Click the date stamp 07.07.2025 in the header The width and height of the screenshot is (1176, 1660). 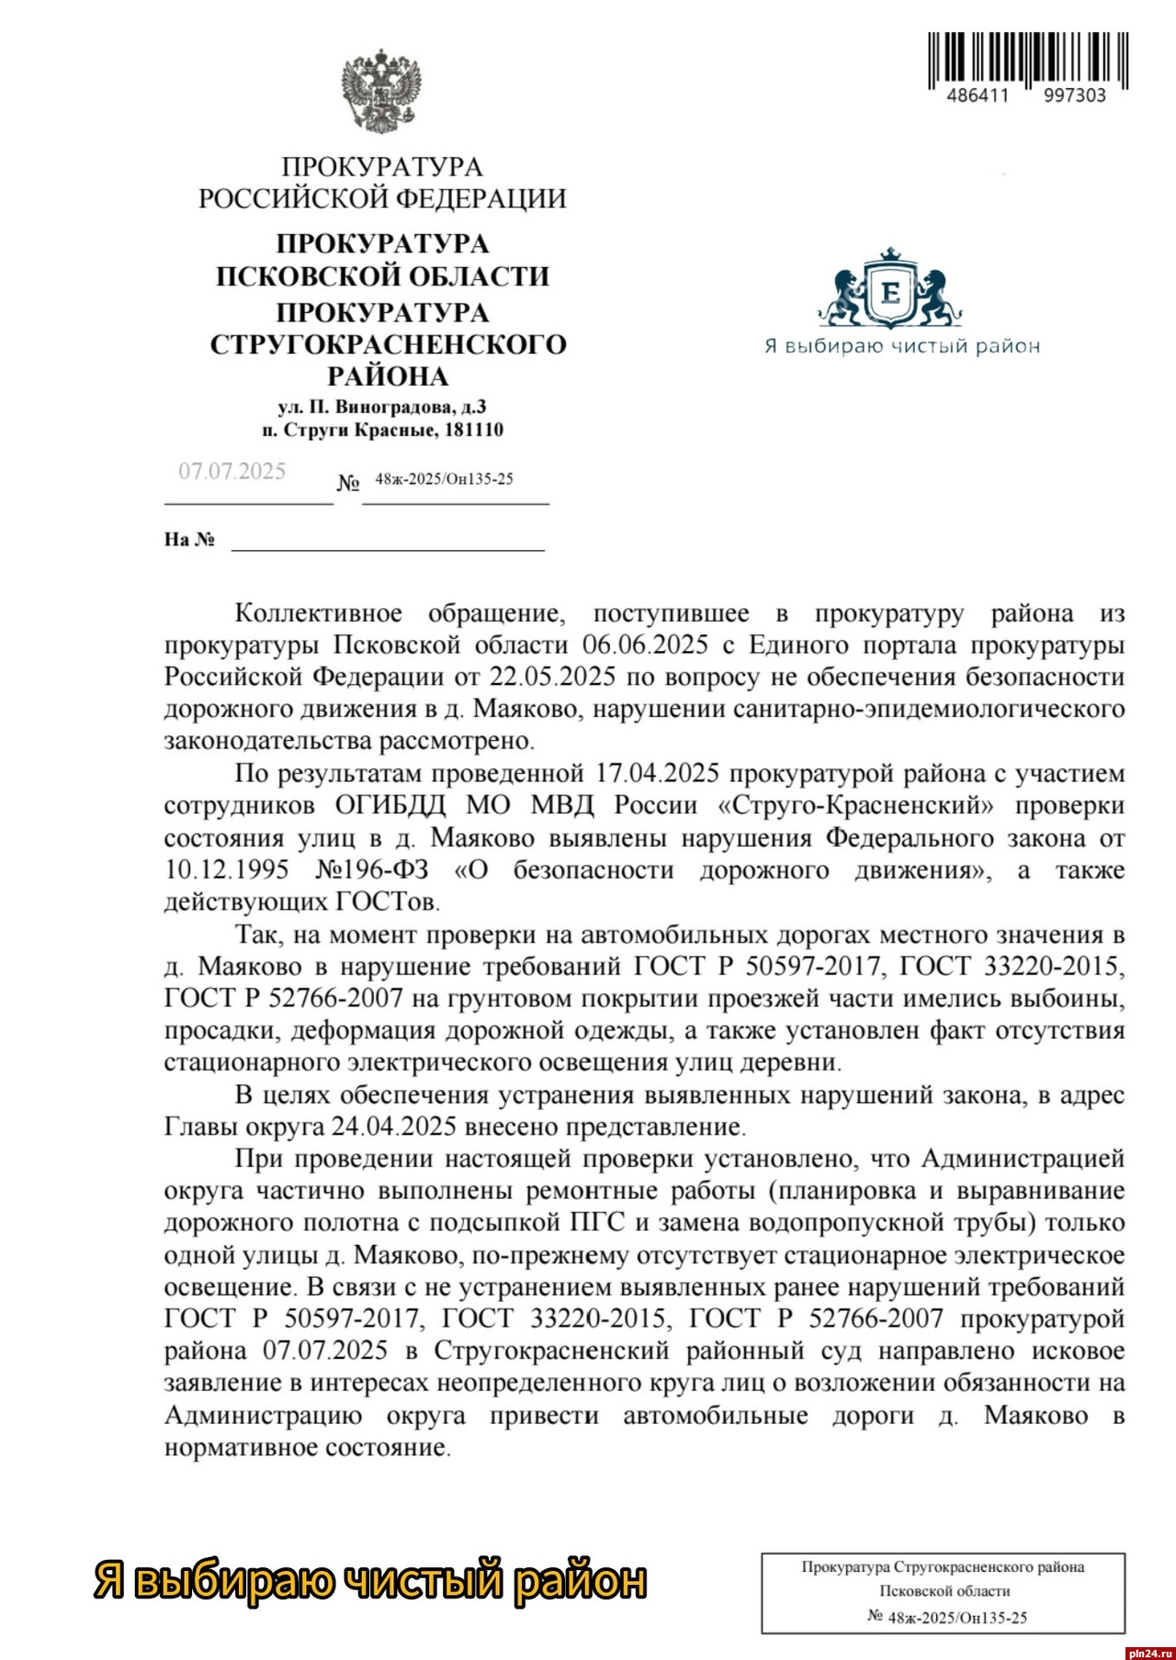pos(232,472)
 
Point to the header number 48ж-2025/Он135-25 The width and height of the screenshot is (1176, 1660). pos(444,479)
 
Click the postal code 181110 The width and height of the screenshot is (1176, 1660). pos(473,430)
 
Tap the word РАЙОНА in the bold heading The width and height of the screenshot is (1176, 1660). pos(388,376)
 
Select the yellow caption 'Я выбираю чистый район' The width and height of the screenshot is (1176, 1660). pos(370,1580)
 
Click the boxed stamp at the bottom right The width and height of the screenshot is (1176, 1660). pos(943,1593)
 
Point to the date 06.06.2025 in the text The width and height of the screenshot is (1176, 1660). pos(645,645)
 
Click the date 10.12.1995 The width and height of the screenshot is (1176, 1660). pos(227,869)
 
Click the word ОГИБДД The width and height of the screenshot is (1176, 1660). pos(390,805)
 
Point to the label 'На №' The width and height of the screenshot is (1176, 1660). pos(189,540)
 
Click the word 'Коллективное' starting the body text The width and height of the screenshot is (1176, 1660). pos(318,612)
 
